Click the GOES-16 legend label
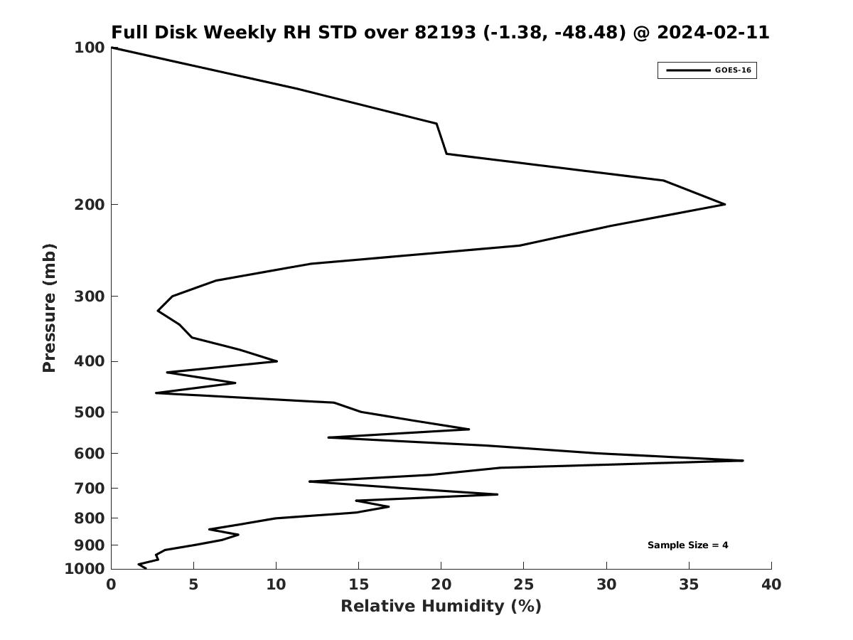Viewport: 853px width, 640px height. click(732, 70)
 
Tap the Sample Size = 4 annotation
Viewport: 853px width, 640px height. click(687, 545)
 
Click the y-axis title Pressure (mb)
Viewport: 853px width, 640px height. click(49, 308)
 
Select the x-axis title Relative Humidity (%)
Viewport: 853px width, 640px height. click(441, 606)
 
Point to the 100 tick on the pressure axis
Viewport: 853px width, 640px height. click(90, 48)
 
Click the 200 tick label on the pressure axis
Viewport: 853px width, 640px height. click(90, 205)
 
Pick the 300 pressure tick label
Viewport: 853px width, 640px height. click(90, 297)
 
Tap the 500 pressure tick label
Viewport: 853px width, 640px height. click(90, 412)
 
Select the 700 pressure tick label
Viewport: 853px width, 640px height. click(90, 489)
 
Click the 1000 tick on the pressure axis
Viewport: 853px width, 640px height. click(85, 569)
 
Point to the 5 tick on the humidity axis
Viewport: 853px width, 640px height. click(193, 585)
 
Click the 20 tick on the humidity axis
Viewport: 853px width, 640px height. click(441, 585)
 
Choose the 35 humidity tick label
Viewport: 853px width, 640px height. click(689, 585)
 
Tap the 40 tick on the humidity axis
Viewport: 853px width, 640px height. click(771, 585)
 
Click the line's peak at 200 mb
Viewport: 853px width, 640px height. click(724, 205)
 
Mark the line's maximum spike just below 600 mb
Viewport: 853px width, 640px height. click(743, 461)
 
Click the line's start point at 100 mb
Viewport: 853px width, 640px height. click(112, 48)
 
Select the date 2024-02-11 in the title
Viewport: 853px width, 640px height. click(713, 33)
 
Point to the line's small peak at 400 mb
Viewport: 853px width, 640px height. click(277, 361)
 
